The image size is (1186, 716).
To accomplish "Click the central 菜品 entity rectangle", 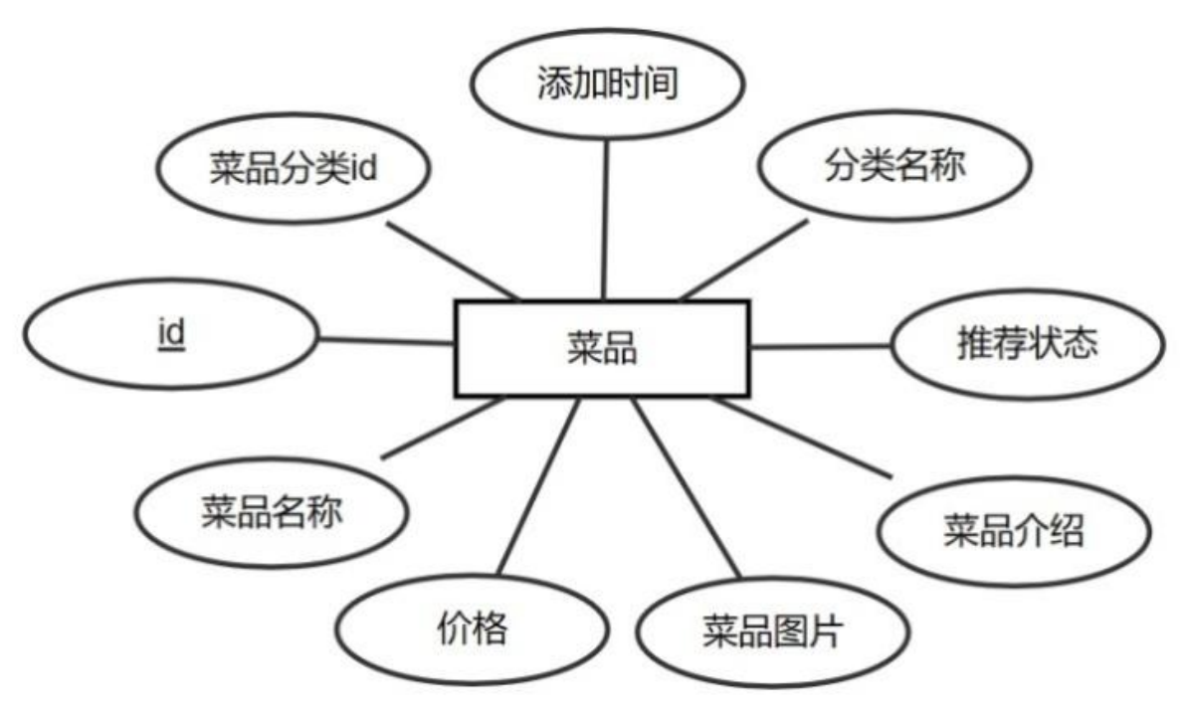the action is (x=602, y=348).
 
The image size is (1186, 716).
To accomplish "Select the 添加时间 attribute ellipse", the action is (x=606, y=84).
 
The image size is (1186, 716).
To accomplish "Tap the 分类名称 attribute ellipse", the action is (x=892, y=168).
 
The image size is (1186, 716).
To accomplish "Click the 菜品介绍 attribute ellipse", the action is (x=1013, y=531).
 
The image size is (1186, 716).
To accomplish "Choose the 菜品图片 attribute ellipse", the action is (x=772, y=632).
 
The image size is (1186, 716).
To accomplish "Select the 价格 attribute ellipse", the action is (x=473, y=628).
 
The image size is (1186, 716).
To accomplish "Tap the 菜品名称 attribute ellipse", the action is (x=271, y=512).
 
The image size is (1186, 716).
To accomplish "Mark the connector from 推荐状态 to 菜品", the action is (x=821, y=347).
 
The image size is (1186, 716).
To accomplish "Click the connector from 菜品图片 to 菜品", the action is (x=687, y=487).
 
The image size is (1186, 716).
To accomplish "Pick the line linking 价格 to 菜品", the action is (x=537, y=487).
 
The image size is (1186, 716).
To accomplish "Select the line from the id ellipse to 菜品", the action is (x=385, y=341).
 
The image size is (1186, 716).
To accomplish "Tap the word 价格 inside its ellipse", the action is (x=473, y=628).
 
